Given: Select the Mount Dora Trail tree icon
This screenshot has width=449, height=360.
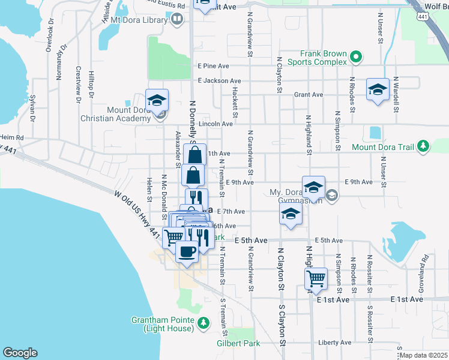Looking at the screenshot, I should click(424, 146).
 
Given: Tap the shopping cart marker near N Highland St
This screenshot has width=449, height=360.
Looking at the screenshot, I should click(316, 278).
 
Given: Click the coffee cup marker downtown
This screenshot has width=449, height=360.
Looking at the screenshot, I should click(187, 252).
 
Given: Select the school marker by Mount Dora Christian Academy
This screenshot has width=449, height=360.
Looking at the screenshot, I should click(157, 100).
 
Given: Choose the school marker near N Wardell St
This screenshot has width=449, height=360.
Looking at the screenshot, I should click(378, 90).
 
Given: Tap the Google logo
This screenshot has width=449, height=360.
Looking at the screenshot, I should click(20, 353).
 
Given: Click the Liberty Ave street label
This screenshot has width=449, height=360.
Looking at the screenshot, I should click(334, 343).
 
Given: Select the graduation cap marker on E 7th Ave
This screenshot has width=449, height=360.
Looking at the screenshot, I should click(291, 214).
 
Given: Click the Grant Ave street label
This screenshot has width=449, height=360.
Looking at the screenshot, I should click(309, 94).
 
